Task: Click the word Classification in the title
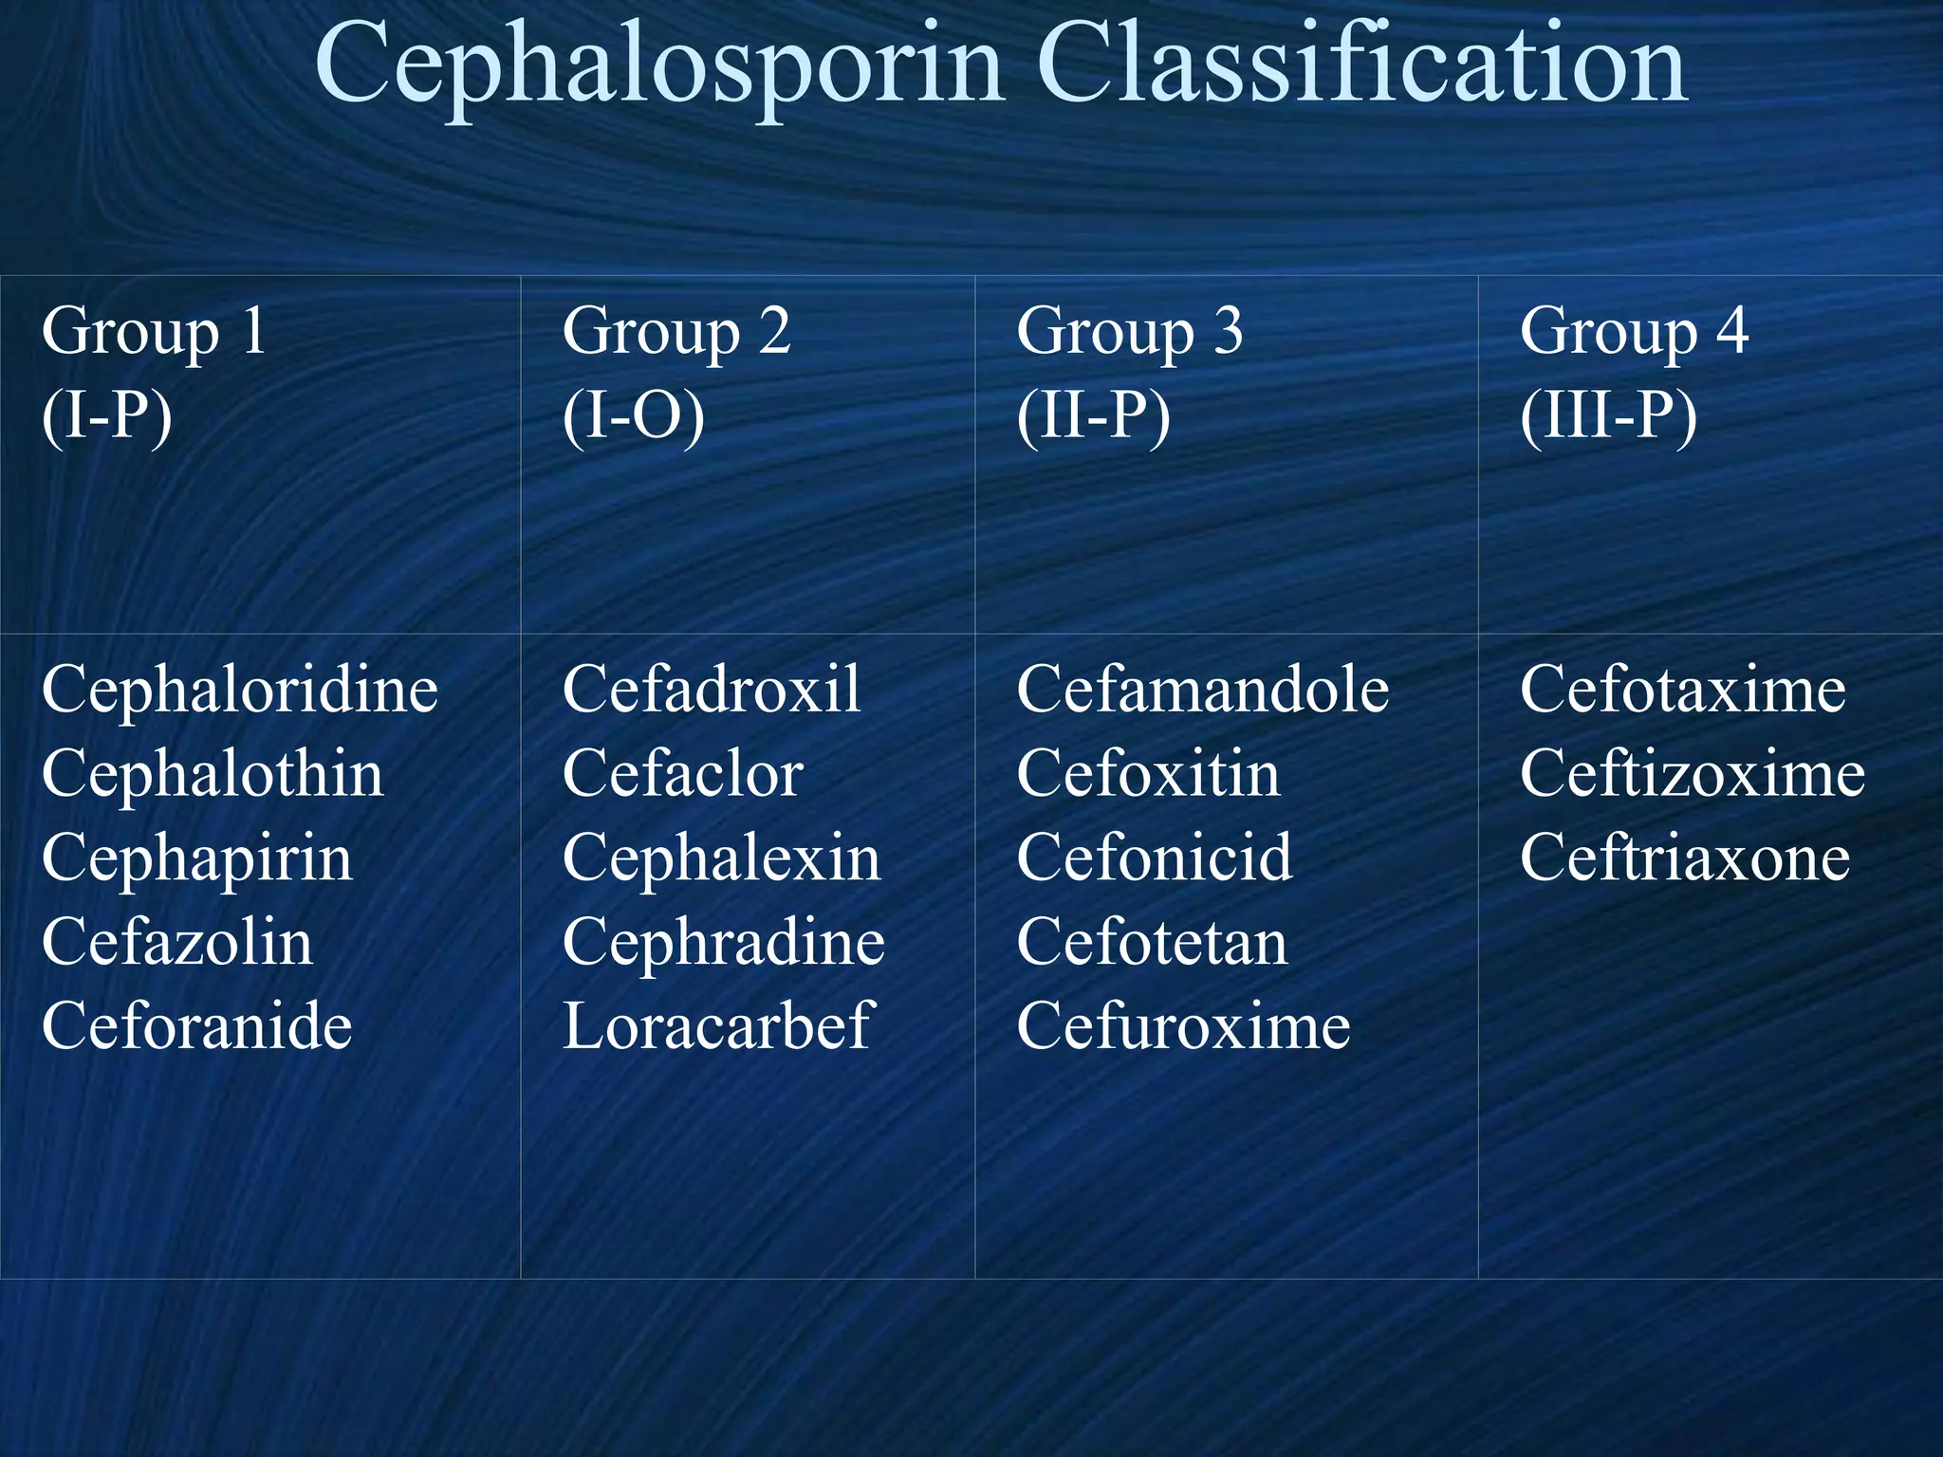[x=1362, y=65]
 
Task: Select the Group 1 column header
[x=154, y=332]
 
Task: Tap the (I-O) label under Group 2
[x=633, y=415]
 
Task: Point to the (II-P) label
[x=1093, y=415]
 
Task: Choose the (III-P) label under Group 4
[x=1608, y=415]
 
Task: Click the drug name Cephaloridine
[x=239, y=690]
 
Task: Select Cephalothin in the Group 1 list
[x=213, y=774]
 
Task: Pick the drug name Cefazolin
[x=177, y=942]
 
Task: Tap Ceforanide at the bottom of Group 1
[x=196, y=1026]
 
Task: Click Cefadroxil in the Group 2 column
[x=712, y=690]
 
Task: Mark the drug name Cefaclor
[x=682, y=774]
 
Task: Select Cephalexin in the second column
[x=721, y=858]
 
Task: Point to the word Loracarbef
[x=716, y=1026]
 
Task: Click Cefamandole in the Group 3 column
[x=1202, y=690]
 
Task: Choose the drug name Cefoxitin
[x=1148, y=774]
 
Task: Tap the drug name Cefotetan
[x=1152, y=942]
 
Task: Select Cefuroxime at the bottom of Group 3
[x=1183, y=1026]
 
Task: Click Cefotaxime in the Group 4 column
[x=1682, y=690]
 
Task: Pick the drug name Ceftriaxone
[x=1685, y=858]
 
